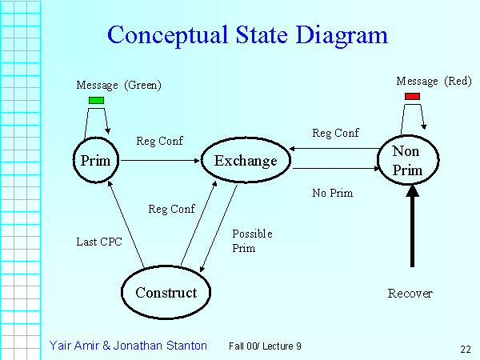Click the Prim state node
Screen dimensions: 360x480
coord(95,160)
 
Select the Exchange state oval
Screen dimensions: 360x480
coord(246,161)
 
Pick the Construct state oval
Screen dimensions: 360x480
coord(166,292)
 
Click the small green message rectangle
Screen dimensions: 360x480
coord(96,100)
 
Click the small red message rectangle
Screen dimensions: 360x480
coord(412,96)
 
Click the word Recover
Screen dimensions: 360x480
coord(410,294)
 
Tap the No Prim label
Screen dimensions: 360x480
coord(332,193)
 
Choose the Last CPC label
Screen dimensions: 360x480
coord(98,241)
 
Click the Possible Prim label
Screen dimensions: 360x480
coord(252,241)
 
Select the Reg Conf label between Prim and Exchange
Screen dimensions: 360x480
coord(160,141)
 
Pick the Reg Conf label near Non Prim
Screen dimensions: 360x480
coord(335,133)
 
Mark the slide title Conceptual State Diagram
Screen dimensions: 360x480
coord(247,35)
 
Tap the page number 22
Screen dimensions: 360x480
coord(465,348)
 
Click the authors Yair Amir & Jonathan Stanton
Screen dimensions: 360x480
coord(128,346)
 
